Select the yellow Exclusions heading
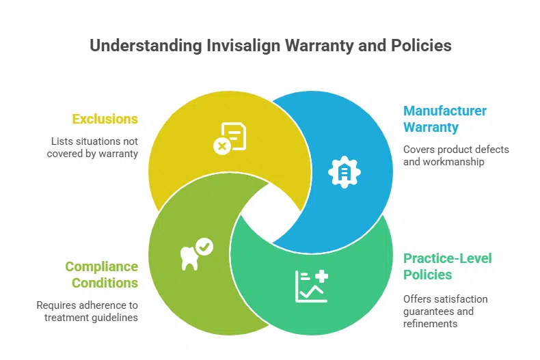(x=105, y=120)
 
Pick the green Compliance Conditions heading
(x=101, y=275)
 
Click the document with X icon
(x=230, y=137)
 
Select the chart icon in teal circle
(x=311, y=285)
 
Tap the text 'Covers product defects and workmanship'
(x=456, y=156)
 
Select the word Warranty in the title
(x=320, y=46)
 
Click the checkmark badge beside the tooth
(x=204, y=246)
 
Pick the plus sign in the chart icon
(x=321, y=276)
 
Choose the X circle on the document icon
(x=221, y=146)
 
